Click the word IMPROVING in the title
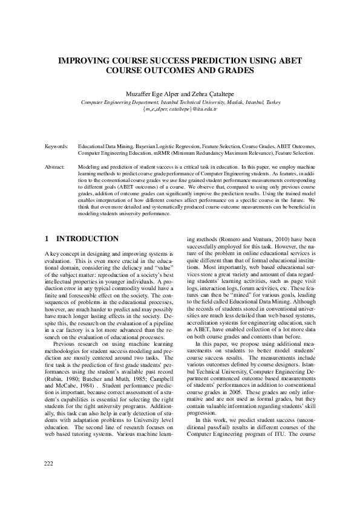pos(80,61)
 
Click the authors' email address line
pos(180,109)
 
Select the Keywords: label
pos(56,146)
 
